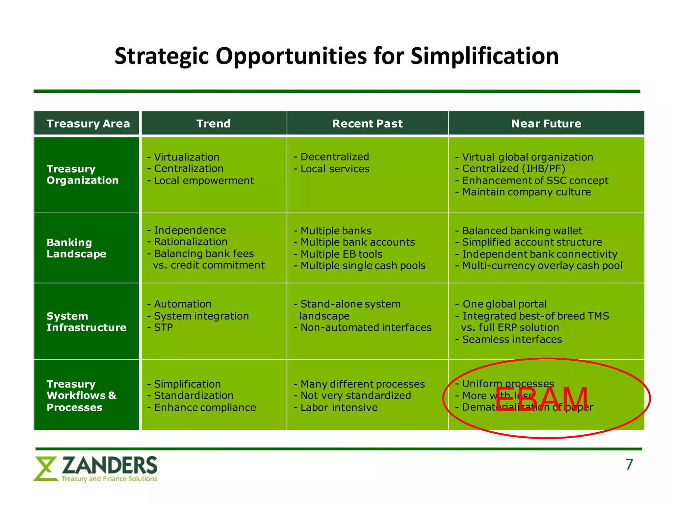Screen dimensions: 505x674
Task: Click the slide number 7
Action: click(629, 465)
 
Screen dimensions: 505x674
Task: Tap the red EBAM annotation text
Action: click(541, 399)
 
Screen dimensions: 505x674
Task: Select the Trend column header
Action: click(213, 124)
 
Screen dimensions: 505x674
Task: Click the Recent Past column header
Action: click(367, 124)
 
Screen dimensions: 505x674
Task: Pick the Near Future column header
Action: click(546, 124)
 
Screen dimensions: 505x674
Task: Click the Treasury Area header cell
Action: click(88, 124)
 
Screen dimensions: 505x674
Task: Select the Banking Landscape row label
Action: click(76, 248)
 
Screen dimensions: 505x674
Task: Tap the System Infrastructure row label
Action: click(86, 322)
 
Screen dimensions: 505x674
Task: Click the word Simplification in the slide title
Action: click(484, 56)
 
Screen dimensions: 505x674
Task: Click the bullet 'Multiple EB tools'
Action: click(341, 254)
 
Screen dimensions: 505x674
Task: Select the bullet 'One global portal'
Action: click(504, 304)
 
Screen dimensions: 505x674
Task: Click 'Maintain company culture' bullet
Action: click(526, 192)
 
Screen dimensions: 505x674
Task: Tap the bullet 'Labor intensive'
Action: click(339, 408)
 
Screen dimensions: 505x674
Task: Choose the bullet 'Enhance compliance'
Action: click(204, 408)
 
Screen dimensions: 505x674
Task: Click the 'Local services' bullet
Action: click(334, 169)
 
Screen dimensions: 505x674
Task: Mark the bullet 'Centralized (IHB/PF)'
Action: click(513, 169)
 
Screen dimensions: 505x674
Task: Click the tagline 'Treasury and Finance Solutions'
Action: click(109, 479)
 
